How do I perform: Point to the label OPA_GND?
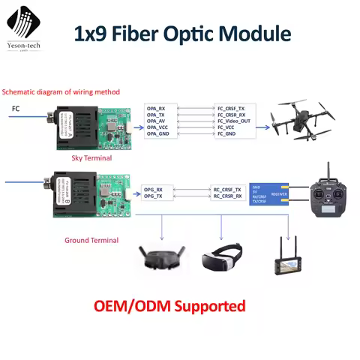point(157,134)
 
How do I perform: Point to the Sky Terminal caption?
point(92,158)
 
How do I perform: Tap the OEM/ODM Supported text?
point(169,306)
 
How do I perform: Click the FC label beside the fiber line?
point(16,109)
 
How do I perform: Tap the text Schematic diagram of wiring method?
point(60,91)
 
